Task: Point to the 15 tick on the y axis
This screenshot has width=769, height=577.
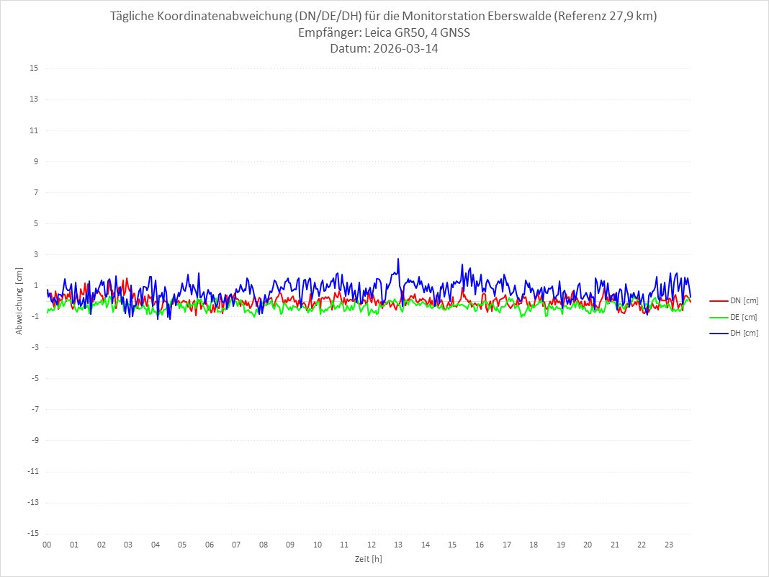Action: coord(33,68)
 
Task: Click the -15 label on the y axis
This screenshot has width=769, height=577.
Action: coord(32,533)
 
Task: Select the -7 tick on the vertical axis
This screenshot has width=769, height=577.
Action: coord(33,409)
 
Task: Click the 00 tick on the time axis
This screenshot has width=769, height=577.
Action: coord(47,545)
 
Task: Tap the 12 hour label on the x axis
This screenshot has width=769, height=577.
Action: coord(372,545)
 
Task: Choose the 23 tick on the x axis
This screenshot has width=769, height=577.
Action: coord(669,545)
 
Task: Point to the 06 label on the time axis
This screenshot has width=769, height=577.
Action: coord(209,545)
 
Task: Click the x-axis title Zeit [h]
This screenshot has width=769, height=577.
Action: coord(368,559)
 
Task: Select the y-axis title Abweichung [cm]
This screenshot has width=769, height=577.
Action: coord(19,300)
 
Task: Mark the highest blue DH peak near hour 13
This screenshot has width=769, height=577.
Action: coord(398,259)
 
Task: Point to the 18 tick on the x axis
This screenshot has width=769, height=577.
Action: coord(534,545)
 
